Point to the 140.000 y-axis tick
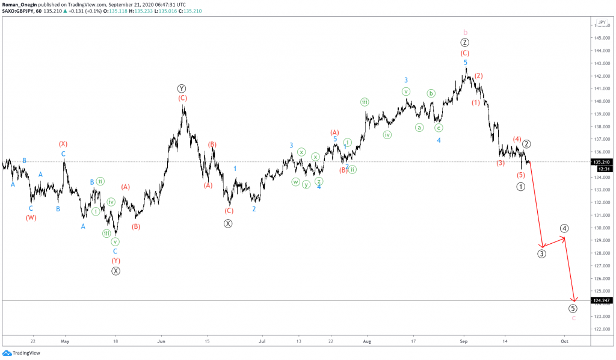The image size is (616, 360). pos(600,101)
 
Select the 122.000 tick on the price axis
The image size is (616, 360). pos(600,329)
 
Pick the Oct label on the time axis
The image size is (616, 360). pos(564,340)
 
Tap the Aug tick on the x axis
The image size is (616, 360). pos(367,340)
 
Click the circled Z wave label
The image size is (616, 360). pos(465,43)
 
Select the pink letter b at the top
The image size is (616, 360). pos(465,32)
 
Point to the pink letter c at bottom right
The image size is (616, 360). pos(573,318)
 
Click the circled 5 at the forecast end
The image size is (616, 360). pos(573,309)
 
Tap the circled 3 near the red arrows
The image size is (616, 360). pos(542,253)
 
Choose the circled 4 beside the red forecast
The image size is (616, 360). pos(564,228)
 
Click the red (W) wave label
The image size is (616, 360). pos(31,218)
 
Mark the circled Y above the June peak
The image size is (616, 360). pos(182,88)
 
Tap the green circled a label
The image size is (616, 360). pos(419,128)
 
